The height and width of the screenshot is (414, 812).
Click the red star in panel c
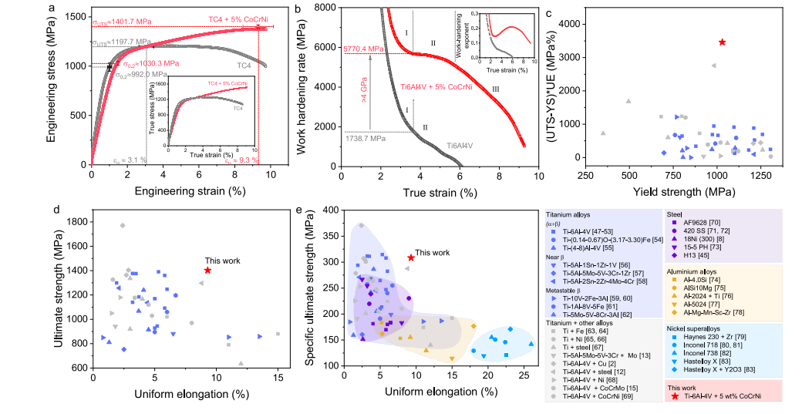pyautogui.click(x=722, y=42)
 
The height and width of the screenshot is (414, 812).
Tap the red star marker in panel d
pyautogui.click(x=208, y=271)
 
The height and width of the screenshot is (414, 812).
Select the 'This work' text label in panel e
pyautogui.click(x=432, y=252)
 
